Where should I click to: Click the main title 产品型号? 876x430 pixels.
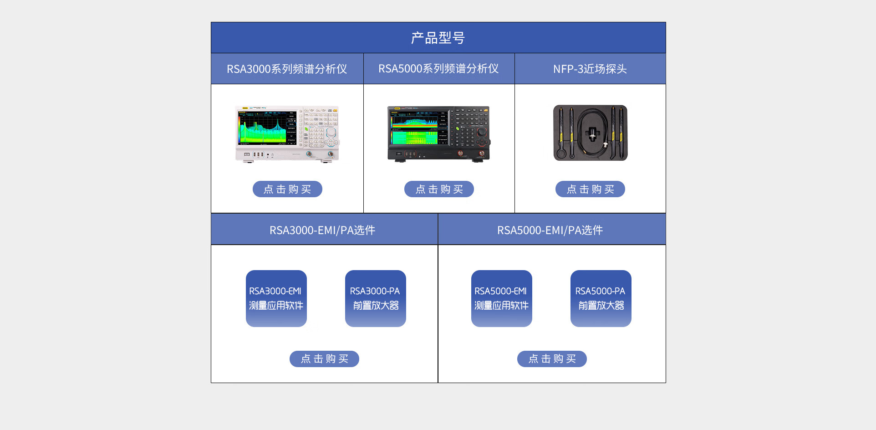tap(438, 38)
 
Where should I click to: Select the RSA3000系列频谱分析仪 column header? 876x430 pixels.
tap(287, 69)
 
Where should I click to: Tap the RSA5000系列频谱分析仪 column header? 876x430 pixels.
tap(438, 69)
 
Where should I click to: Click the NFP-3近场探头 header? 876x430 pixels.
tap(590, 69)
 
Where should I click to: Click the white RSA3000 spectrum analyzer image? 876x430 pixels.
tap(287, 134)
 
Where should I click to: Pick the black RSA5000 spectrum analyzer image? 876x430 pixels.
tap(439, 134)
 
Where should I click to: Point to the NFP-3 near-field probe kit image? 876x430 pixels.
tap(591, 133)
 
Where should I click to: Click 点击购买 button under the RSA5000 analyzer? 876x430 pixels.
tap(439, 189)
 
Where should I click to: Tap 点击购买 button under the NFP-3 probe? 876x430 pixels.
tap(590, 189)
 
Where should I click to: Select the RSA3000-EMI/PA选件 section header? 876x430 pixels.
tap(322, 230)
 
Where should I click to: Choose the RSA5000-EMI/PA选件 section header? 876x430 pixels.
tap(550, 230)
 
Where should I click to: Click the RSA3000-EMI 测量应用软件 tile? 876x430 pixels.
tap(276, 298)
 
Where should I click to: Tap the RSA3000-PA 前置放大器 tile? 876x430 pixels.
tap(376, 298)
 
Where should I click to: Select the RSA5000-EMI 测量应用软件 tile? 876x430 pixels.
tap(502, 298)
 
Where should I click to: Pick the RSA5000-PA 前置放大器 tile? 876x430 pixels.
tap(601, 298)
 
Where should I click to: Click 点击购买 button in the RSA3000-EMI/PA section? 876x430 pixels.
tap(324, 359)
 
